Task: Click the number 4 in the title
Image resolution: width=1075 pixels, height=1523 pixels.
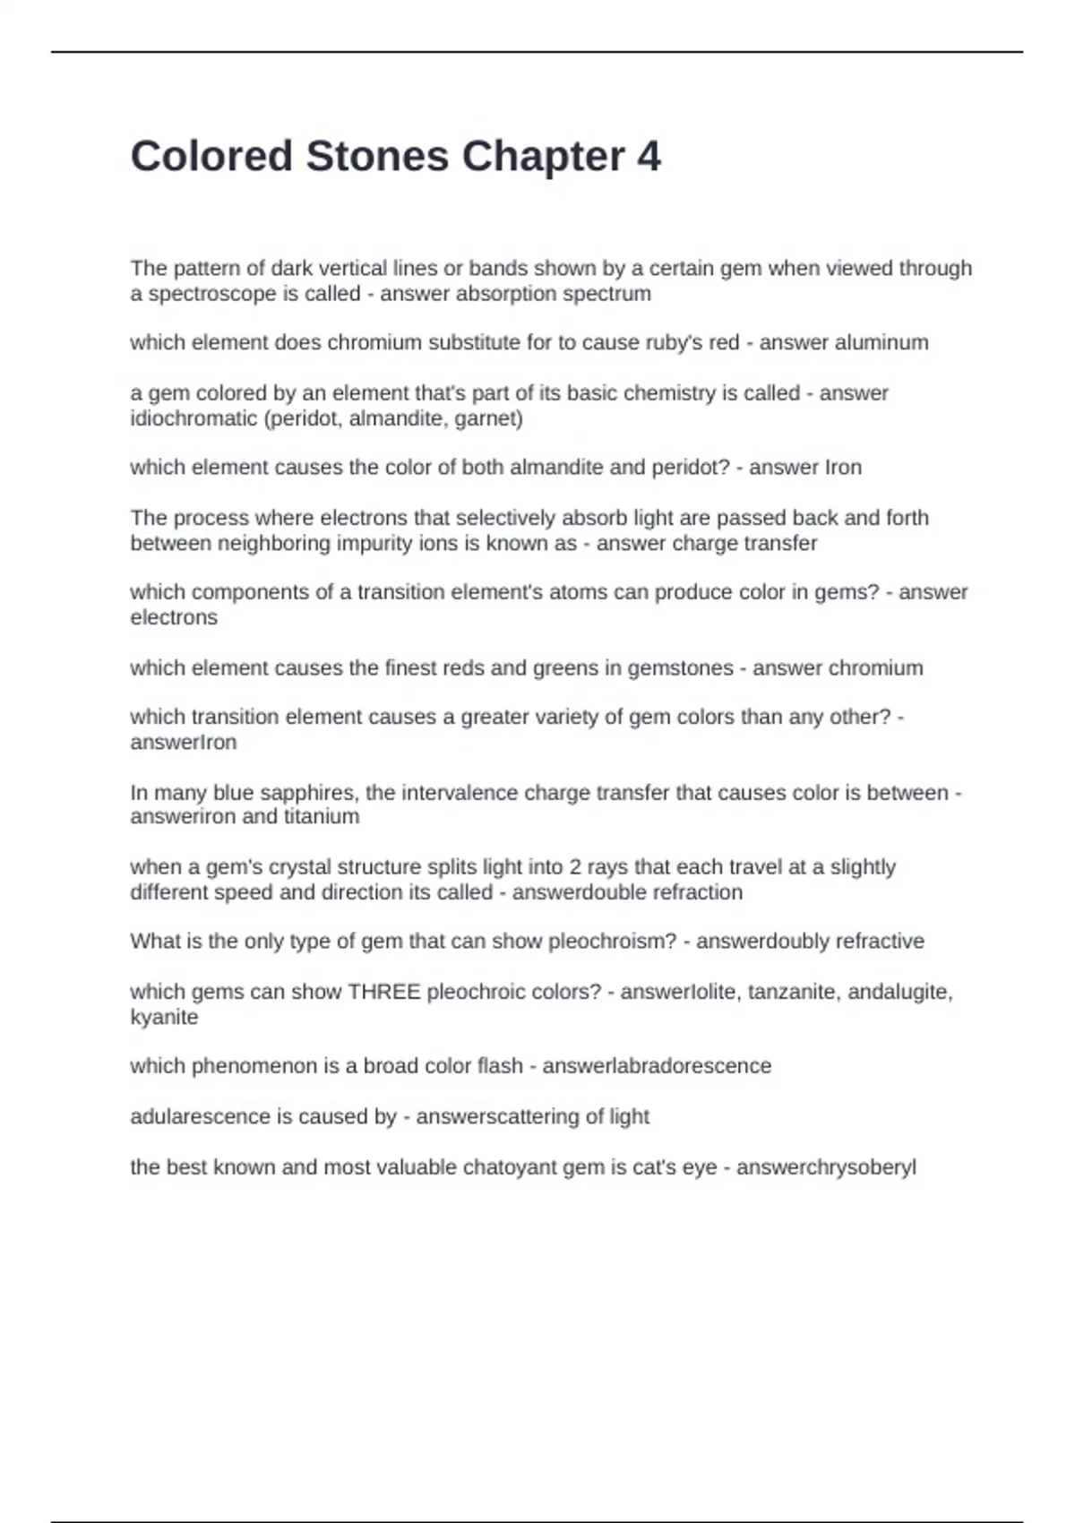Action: pyautogui.click(x=649, y=157)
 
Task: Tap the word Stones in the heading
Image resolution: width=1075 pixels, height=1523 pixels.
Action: pyautogui.click(x=377, y=157)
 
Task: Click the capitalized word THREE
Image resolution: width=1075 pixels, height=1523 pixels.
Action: pyautogui.click(x=384, y=992)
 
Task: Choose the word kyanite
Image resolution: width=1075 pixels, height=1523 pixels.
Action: pyautogui.click(x=164, y=1017)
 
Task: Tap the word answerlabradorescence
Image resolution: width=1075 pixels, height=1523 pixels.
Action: pyautogui.click(x=657, y=1066)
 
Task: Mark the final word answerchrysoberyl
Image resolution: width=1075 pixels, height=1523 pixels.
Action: pyautogui.click(x=826, y=1167)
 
